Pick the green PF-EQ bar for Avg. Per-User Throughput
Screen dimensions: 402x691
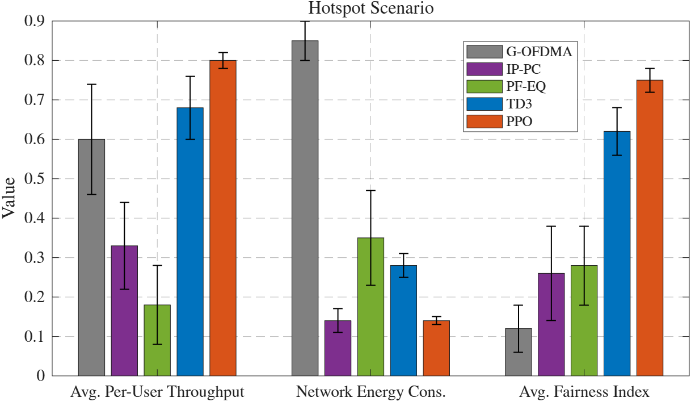[x=157, y=340]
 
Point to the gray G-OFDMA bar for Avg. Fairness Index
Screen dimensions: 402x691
[x=518, y=352]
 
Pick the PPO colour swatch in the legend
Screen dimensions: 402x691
[x=484, y=121]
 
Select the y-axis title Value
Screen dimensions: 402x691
[x=9, y=198]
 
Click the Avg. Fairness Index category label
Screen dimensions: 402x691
[x=584, y=392]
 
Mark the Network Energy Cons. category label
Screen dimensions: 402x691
[x=371, y=392]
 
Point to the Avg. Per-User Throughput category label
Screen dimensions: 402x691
[x=158, y=392]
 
